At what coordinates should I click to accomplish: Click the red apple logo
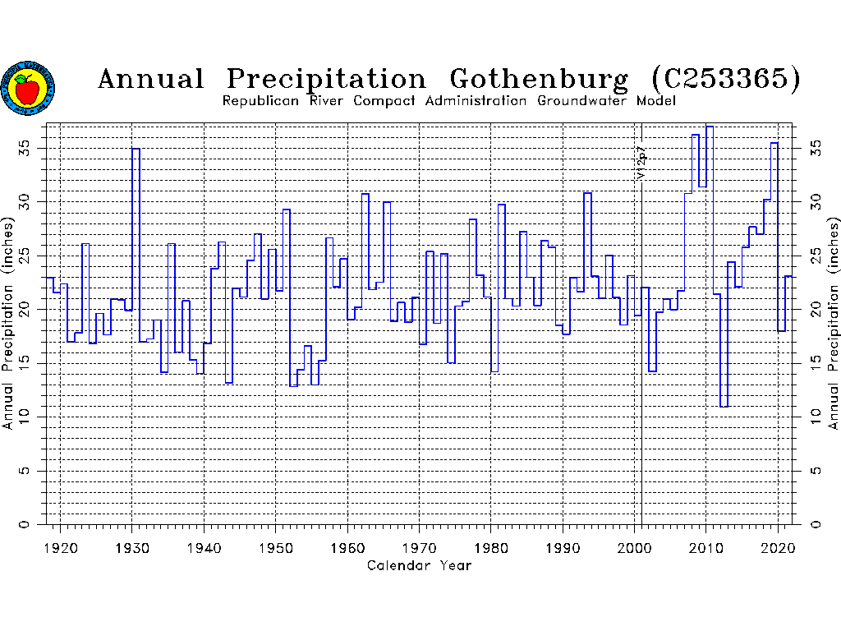[28, 88]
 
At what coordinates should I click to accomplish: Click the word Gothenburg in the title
[539, 79]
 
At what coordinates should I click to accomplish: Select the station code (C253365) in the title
[725, 79]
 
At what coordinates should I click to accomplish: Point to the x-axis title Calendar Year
[420, 565]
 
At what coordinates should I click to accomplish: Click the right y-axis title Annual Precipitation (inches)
[833, 324]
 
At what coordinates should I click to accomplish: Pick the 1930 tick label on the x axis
[131, 547]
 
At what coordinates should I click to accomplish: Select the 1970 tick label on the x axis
[420, 547]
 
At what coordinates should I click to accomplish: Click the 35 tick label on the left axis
[25, 148]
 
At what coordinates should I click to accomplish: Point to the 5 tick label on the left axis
[25, 471]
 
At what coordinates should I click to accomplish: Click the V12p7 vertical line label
[641, 163]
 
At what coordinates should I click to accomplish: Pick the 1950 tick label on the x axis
[276, 547]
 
